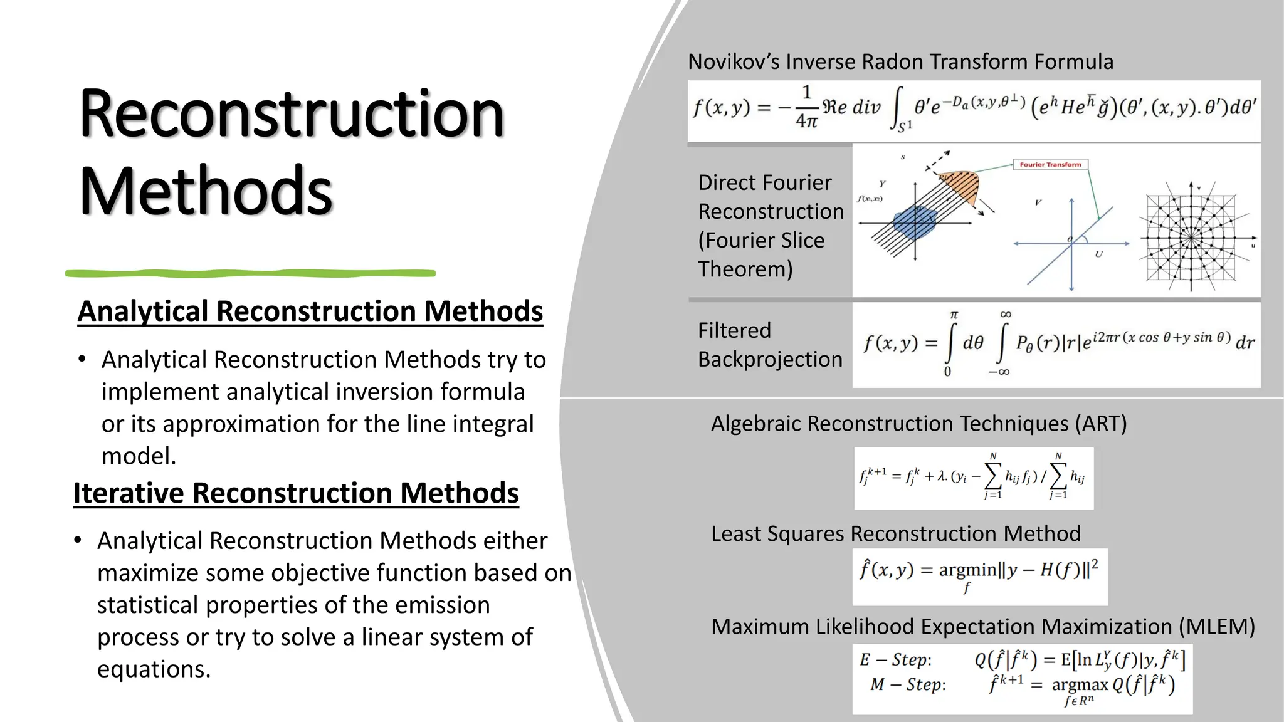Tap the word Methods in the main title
(206, 191)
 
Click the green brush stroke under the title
(251, 273)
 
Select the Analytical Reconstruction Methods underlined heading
(310, 311)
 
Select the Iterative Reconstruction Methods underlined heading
(296, 493)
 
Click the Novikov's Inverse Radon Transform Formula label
(900, 62)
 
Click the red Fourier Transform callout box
(1050, 165)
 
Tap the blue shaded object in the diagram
(914, 222)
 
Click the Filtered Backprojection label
(770, 345)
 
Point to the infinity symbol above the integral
(1005, 314)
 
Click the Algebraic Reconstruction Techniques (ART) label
(918, 424)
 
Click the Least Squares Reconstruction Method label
(895, 534)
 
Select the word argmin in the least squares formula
(967, 570)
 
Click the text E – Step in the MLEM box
(895, 660)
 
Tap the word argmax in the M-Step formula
(1080, 684)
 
